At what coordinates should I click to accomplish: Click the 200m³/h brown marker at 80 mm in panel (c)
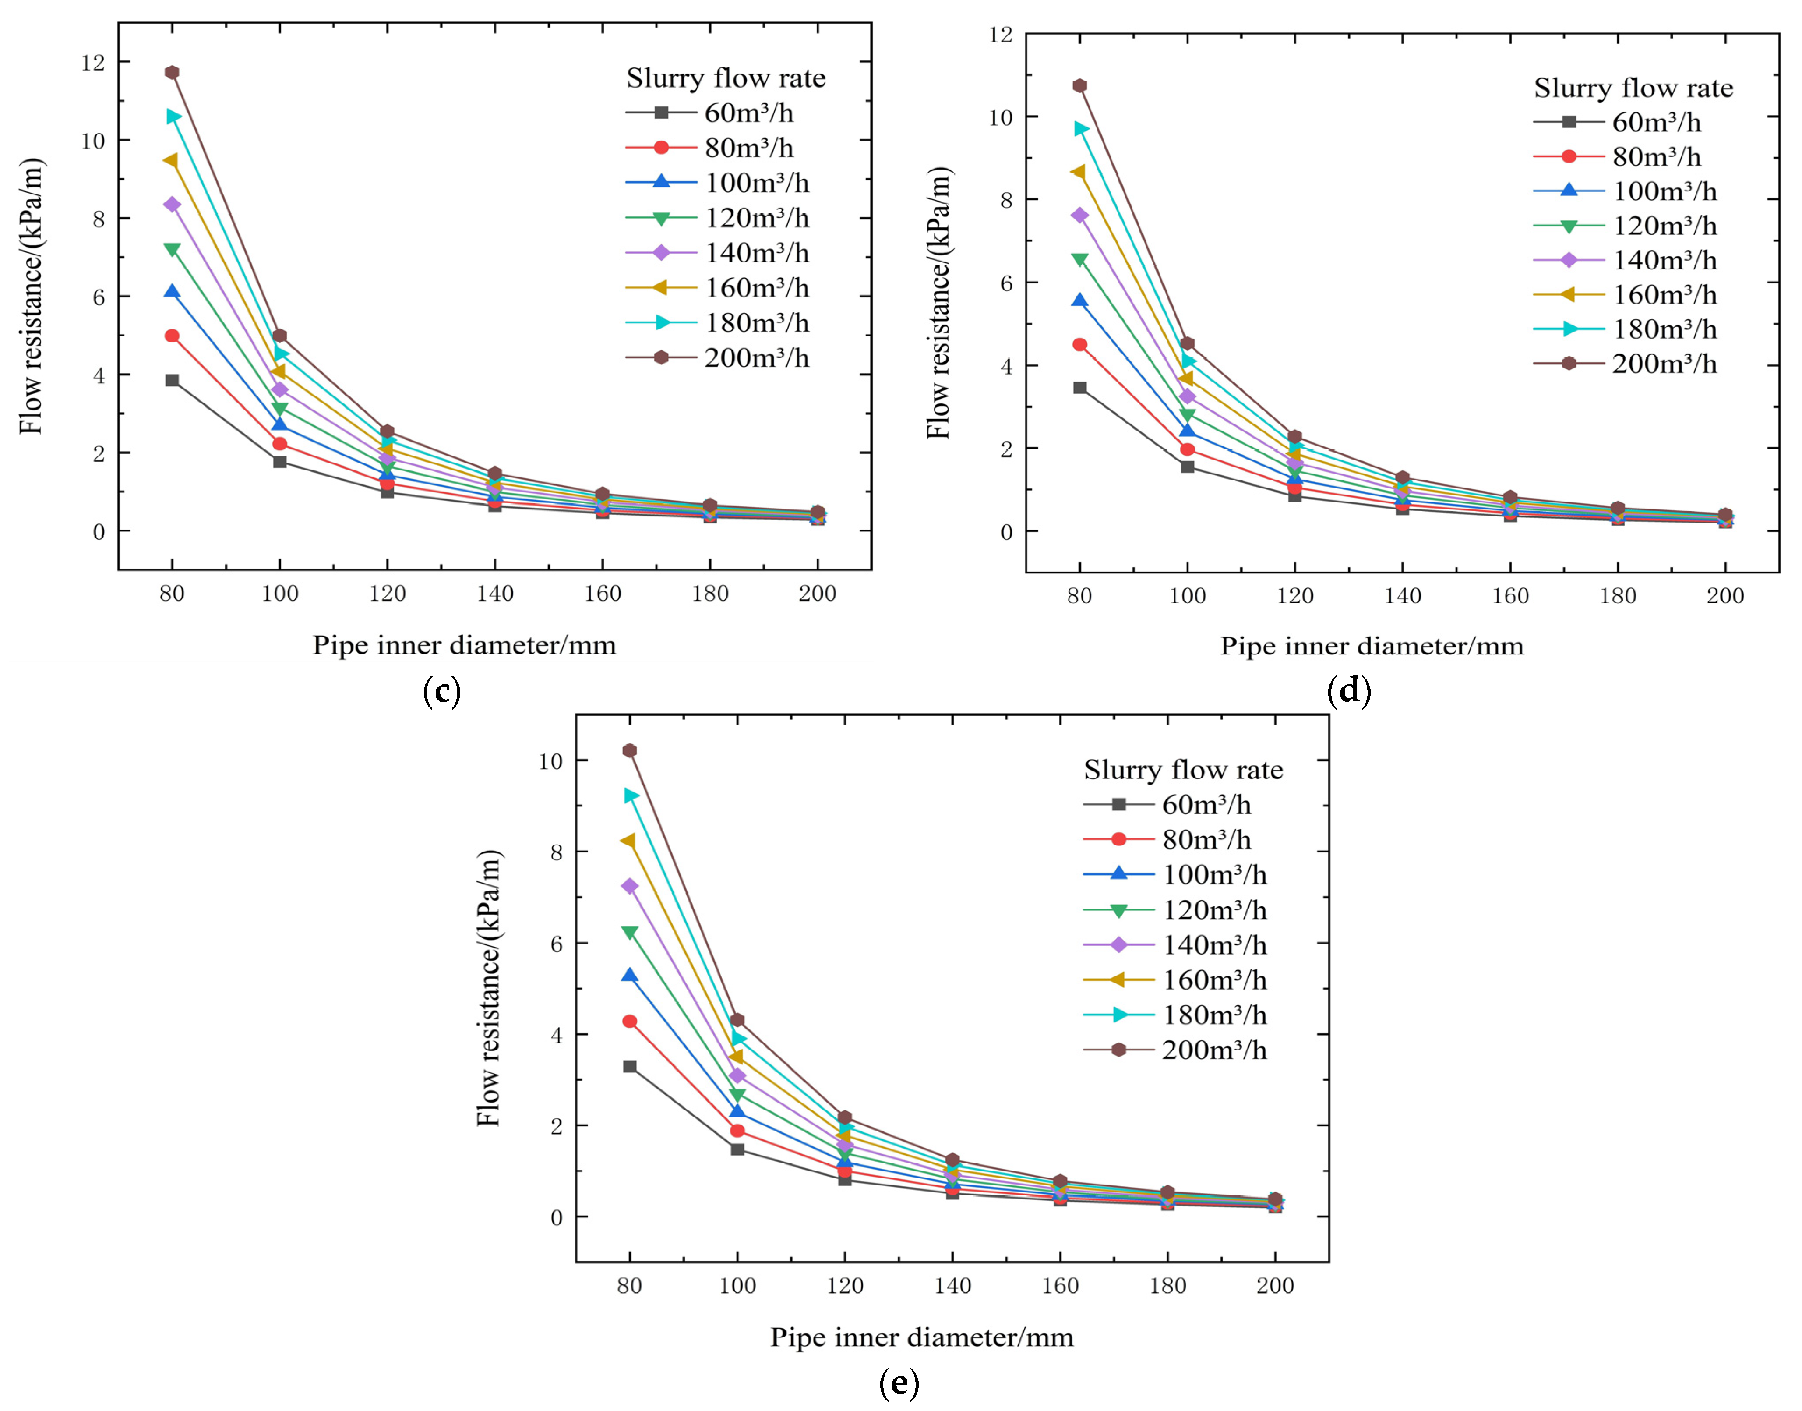pyautogui.click(x=172, y=73)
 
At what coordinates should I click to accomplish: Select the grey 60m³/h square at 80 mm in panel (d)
pyautogui.click(x=1079, y=387)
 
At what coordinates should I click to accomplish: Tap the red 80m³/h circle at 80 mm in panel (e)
pyautogui.click(x=629, y=1021)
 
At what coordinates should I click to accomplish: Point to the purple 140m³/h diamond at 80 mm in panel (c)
pyautogui.click(x=172, y=204)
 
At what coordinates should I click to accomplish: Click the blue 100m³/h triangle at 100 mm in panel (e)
pyautogui.click(x=737, y=1112)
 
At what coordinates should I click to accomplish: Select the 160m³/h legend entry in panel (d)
pyautogui.click(x=1625, y=295)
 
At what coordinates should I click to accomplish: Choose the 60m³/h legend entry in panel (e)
pyautogui.click(x=1167, y=805)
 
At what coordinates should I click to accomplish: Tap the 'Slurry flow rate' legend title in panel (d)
pyautogui.click(x=1633, y=88)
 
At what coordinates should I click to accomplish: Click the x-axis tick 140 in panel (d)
pyautogui.click(x=1402, y=596)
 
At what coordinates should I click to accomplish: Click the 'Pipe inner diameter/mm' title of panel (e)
pyautogui.click(x=922, y=1337)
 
